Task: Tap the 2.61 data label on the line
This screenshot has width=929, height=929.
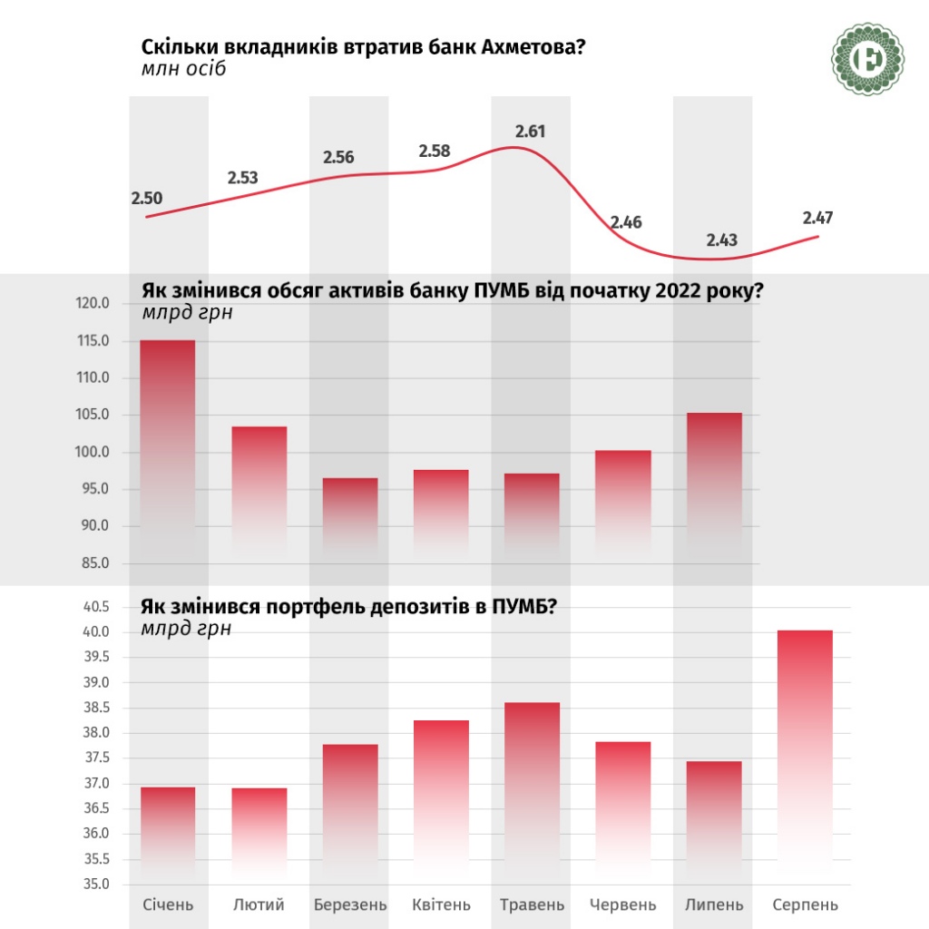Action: pos(531,132)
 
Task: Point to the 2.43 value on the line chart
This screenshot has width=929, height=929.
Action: pos(722,240)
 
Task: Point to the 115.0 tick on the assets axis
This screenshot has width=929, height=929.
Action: pos(93,341)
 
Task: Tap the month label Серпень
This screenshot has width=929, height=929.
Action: pos(805,905)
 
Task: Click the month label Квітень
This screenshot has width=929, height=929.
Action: pos(441,905)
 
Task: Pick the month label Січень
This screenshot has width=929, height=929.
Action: pos(169,905)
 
